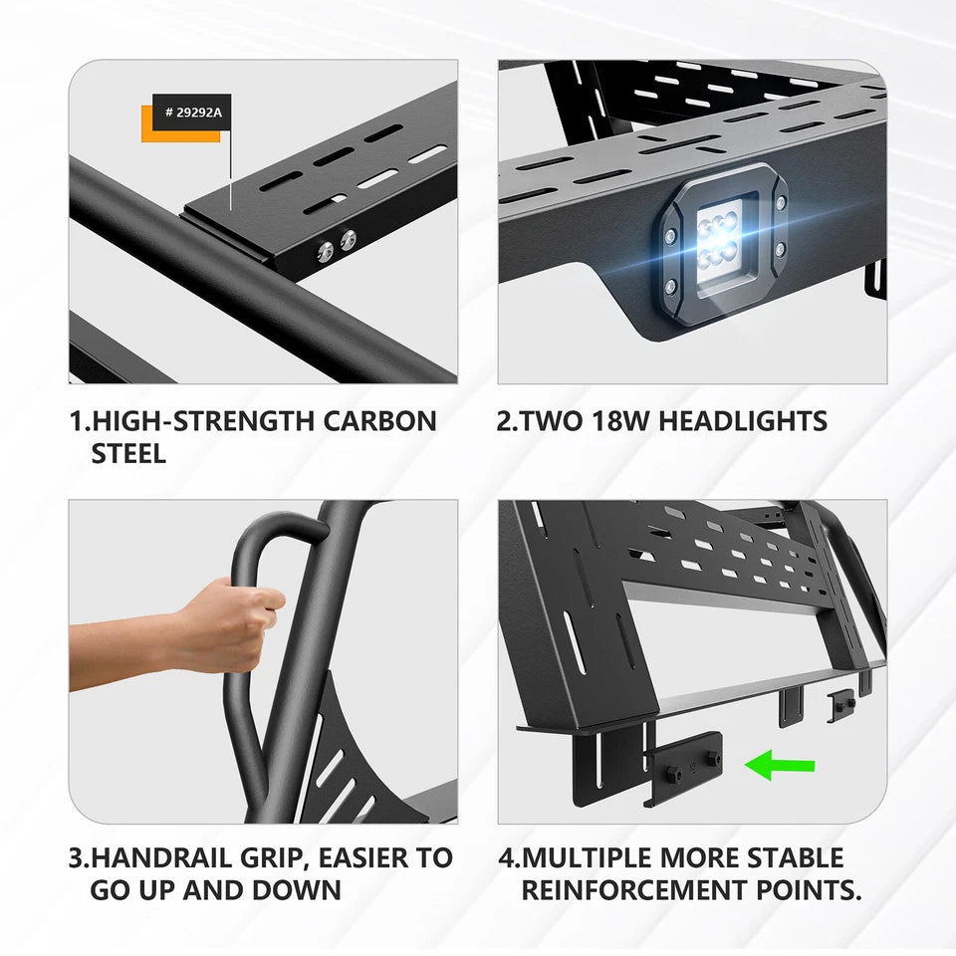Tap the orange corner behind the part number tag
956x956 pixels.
[x=146, y=132]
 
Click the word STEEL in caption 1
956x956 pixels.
[x=129, y=454]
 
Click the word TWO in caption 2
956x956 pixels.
[x=549, y=420]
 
